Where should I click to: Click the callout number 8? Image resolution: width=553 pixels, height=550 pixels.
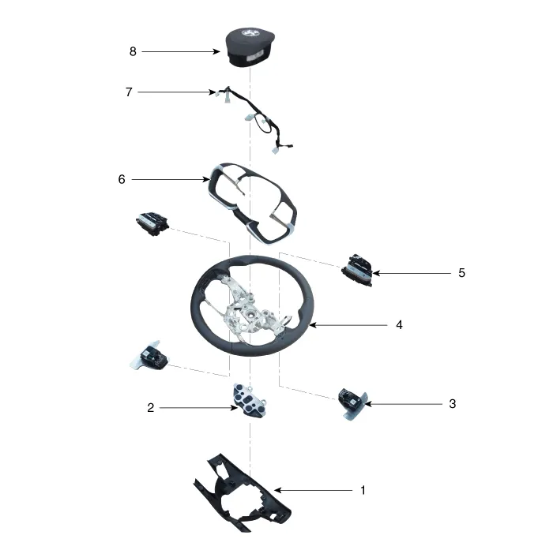click(x=133, y=52)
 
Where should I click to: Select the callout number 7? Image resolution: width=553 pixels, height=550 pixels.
click(x=129, y=92)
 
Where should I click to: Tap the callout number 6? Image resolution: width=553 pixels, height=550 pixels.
click(x=122, y=179)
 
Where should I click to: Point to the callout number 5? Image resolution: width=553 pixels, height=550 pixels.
click(x=461, y=273)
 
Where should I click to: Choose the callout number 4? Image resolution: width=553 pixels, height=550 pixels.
click(x=399, y=324)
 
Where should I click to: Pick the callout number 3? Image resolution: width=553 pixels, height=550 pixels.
click(x=453, y=404)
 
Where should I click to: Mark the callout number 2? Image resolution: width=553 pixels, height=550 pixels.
click(x=151, y=408)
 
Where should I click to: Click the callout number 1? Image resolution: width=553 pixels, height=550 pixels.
click(x=363, y=490)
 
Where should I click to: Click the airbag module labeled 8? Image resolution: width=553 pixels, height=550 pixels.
click(x=250, y=47)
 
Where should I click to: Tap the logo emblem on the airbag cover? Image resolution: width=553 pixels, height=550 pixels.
click(x=248, y=33)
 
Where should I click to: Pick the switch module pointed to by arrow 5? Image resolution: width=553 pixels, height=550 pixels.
click(x=357, y=270)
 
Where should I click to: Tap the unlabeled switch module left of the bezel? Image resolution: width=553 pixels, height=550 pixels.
click(x=152, y=223)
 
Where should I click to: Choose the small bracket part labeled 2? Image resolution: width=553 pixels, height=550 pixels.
click(x=249, y=400)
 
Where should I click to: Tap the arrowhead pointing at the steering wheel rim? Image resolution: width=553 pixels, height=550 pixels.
click(x=312, y=325)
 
